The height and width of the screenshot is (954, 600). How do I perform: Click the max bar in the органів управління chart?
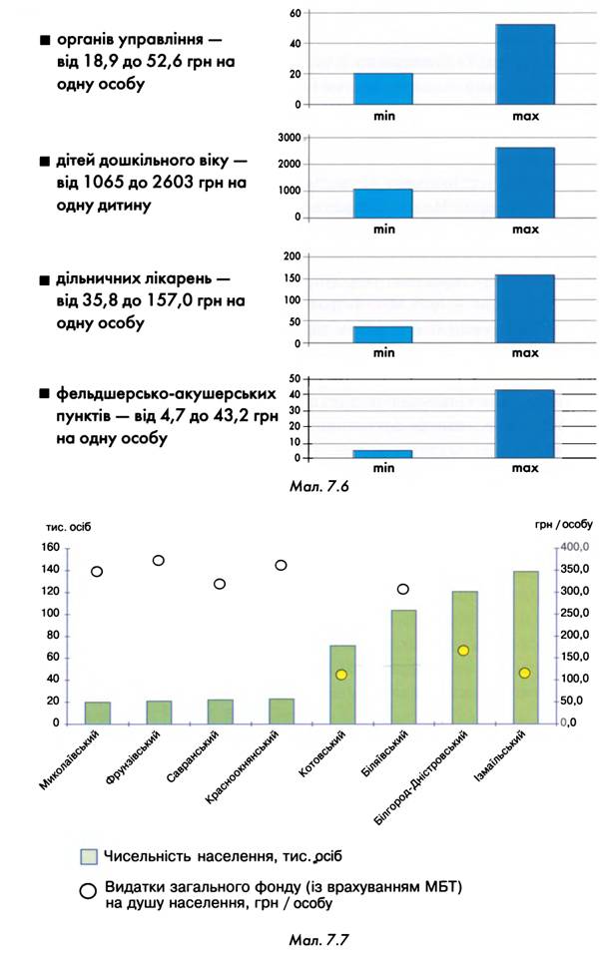525,65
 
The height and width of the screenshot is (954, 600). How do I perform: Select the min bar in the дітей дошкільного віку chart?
382,204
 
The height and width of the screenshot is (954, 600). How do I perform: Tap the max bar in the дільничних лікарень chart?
525,309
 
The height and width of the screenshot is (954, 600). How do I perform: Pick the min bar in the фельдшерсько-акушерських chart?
382,454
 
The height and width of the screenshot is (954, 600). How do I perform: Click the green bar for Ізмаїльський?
526,648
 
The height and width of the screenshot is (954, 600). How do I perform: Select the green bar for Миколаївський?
98,714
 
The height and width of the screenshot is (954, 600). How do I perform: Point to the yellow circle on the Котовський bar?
341,675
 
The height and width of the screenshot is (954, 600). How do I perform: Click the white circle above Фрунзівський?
158,561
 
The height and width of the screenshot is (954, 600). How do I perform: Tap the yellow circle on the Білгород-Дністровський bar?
463,651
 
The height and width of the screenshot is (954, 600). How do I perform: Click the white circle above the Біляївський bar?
403,589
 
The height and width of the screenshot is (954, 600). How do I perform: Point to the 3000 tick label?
290,138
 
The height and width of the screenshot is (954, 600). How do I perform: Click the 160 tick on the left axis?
51,547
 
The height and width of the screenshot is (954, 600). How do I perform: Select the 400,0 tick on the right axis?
575,547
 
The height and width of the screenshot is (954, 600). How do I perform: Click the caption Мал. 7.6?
318,486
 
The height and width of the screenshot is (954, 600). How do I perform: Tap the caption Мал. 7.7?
318,940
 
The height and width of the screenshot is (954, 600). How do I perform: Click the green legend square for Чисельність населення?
89,856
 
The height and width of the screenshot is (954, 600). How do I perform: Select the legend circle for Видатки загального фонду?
88,891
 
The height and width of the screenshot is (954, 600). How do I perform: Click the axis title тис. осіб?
68,527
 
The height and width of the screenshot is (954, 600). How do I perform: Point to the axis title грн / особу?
564,525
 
